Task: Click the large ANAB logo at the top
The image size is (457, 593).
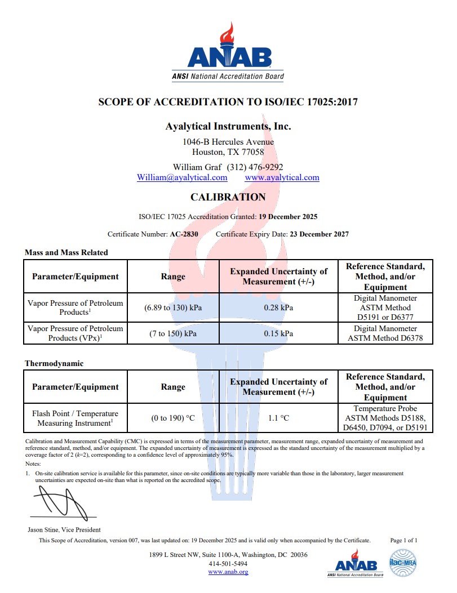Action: point(228,53)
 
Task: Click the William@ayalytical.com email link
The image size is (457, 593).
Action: point(182,177)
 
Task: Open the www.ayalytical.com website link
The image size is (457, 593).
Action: point(282,177)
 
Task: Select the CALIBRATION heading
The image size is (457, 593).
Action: point(228,197)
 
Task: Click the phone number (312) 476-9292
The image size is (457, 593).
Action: point(255,167)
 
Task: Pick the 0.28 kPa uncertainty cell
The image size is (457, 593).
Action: point(278,307)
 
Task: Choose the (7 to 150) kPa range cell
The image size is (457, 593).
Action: point(173,333)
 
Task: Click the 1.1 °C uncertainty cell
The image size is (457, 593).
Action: point(278,418)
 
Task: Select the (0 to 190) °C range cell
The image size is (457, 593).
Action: point(173,418)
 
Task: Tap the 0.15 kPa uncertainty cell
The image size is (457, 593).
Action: point(278,333)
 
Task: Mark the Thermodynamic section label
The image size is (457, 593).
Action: point(54,363)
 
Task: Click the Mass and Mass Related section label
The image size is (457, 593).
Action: point(66,252)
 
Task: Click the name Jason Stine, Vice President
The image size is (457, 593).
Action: point(64,529)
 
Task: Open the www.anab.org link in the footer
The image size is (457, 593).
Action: point(228,572)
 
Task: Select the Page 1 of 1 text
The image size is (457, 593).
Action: point(403,540)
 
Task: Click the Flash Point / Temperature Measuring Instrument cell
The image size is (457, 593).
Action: point(76,418)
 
